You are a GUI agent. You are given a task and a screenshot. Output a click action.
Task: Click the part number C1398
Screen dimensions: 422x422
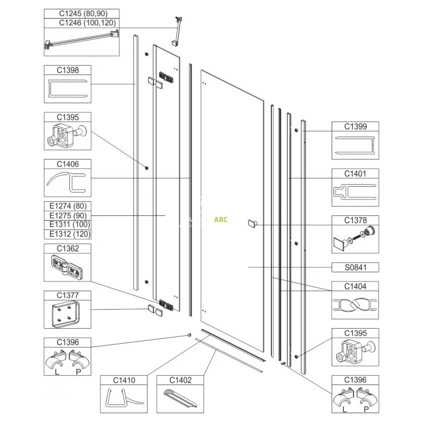click(x=68, y=70)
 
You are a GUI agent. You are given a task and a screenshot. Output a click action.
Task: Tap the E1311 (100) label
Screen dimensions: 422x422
click(x=70, y=224)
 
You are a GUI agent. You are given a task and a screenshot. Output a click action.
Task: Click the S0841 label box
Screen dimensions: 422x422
click(x=355, y=267)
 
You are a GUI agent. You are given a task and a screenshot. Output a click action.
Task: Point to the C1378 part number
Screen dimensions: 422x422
click(x=355, y=220)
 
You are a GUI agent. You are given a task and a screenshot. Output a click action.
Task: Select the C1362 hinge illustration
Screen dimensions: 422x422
click(x=67, y=267)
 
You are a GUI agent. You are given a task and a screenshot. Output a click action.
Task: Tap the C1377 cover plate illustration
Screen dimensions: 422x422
click(x=66, y=314)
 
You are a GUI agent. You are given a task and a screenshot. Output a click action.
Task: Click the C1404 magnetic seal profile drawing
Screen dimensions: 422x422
click(x=355, y=305)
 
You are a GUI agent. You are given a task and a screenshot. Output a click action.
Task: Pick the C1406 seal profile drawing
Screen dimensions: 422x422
click(x=66, y=182)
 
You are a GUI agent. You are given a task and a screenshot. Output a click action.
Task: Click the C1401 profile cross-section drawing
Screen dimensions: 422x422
click(x=355, y=192)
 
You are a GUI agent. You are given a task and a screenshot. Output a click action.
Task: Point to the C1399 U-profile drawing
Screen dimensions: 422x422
click(x=355, y=145)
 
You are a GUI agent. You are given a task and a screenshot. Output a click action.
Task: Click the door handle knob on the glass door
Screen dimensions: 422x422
click(x=252, y=224)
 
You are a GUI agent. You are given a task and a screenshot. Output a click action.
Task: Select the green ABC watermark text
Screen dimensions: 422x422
click(x=221, y=219)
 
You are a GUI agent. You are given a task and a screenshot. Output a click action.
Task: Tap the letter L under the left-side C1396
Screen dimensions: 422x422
click(x=57, y=372)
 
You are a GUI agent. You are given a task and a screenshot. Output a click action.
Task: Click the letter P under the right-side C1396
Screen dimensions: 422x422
click(x=366, y=409)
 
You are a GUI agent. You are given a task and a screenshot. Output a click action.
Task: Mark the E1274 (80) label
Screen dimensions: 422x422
click(x=68, y=206)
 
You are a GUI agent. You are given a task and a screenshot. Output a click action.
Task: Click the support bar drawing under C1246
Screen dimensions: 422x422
click(x=82, y=40)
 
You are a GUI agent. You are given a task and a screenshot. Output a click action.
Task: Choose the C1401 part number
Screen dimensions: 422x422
click(x=355, y=174)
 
